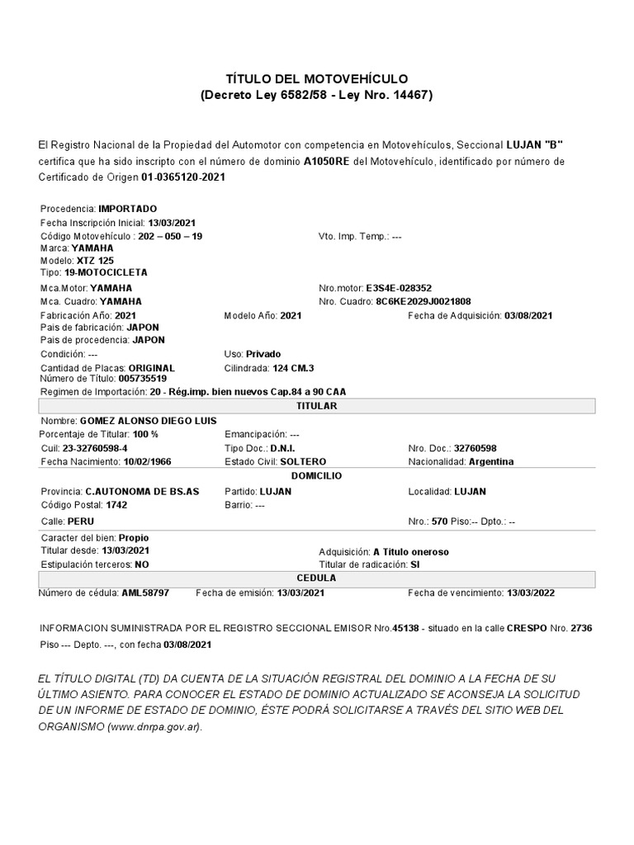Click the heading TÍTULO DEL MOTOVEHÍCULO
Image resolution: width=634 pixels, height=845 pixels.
(317, 78)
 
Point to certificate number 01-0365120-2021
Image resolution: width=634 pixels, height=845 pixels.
(183, 177)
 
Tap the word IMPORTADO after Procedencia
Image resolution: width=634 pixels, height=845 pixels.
(127, 209)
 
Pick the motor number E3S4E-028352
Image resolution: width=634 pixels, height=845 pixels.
(398, 288)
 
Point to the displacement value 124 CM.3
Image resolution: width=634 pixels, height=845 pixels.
(292, 368)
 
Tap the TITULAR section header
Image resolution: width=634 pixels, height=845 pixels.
(317, 406)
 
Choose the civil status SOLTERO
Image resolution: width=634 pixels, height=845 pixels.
(303, 461)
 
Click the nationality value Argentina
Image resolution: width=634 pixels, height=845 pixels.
(491, 461)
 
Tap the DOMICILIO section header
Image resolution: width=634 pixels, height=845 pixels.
(317, 476)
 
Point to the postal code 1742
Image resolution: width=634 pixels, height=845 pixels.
(116, 504)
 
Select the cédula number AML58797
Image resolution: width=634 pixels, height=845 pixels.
(145, 592)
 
